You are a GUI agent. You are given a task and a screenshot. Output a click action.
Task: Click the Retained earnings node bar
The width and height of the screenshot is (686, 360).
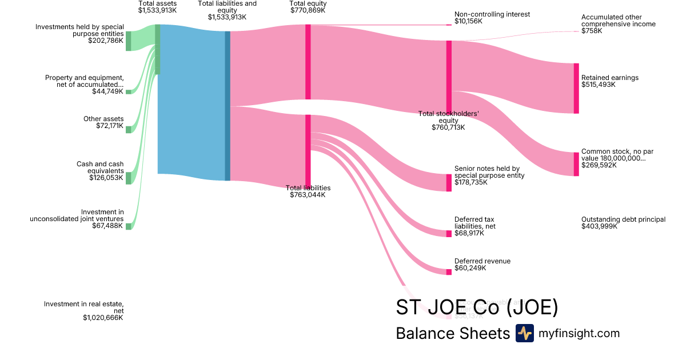click(x=576, y=88)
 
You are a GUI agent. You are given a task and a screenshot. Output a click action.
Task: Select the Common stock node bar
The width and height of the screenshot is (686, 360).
click(x=576, y=164)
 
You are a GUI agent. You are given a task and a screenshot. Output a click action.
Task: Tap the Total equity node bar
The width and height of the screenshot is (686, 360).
click(x=308, y=62)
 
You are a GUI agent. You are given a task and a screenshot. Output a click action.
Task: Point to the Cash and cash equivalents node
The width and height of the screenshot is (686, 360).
click(x=129, y=178)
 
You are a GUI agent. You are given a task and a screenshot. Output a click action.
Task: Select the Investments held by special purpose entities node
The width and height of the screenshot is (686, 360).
click(x=129, y=41)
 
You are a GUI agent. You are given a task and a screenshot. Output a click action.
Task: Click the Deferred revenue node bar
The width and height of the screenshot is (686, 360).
click(x=449, y=271)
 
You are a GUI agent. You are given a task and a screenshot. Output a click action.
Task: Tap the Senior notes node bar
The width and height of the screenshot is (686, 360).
click(x=449, y=182)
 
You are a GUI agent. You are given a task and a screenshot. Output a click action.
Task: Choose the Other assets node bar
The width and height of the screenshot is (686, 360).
click(x=129, y=129)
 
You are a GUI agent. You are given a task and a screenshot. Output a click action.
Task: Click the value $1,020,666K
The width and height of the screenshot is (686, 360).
click(x=103, y=318)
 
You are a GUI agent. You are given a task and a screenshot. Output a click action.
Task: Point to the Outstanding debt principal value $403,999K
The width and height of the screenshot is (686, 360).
click(x=600, y=226)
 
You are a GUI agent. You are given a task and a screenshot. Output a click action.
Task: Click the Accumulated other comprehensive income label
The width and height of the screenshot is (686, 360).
click(x=618, y=21)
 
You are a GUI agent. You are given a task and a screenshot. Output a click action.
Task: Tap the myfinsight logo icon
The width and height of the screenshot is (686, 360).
click(x=524, y=333)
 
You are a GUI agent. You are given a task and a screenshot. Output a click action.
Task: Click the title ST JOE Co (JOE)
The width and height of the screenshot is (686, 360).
click(x=477, y=307)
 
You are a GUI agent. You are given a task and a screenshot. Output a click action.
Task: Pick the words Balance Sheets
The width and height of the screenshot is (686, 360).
click(x=452, y=333)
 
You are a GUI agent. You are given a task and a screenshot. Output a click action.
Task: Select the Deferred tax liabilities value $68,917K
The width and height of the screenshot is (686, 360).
click(x=469, y=233)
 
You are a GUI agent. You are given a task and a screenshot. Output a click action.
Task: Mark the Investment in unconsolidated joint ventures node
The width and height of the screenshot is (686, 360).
click(x=129, y=226)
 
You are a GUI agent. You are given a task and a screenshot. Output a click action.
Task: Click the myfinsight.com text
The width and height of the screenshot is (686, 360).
click(x=579, y=333)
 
